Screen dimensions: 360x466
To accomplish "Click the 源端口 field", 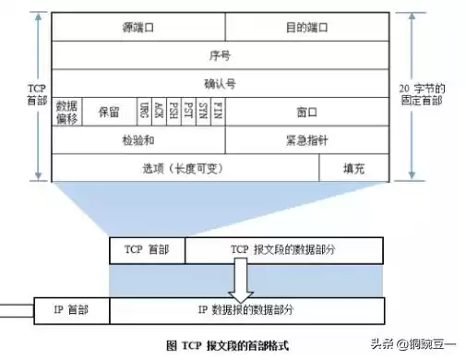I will tap(138, 28).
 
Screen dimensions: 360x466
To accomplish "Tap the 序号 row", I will tap(221, 55).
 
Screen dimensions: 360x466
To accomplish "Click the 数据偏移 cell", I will tap(66, 112).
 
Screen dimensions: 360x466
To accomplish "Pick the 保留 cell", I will tap(109, 112).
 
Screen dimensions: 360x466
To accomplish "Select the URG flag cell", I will tap(145, 112).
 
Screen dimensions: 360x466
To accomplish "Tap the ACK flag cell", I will tap(159, 112).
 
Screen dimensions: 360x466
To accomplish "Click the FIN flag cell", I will tap(217, 112).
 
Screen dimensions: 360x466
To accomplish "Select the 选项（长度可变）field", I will tap(185, 168).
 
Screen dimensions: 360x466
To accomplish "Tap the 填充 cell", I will tap(354, 168).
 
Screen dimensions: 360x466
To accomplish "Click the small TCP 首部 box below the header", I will tap(147, 250).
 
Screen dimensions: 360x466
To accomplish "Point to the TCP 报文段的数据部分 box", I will tap(283, 250).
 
